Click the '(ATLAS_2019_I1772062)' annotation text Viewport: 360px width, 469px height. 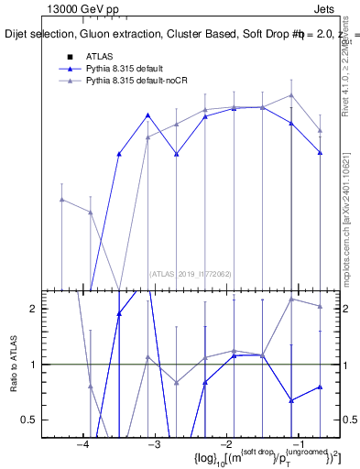[191, 274]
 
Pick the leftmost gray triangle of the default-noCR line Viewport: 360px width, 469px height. [61, 200]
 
